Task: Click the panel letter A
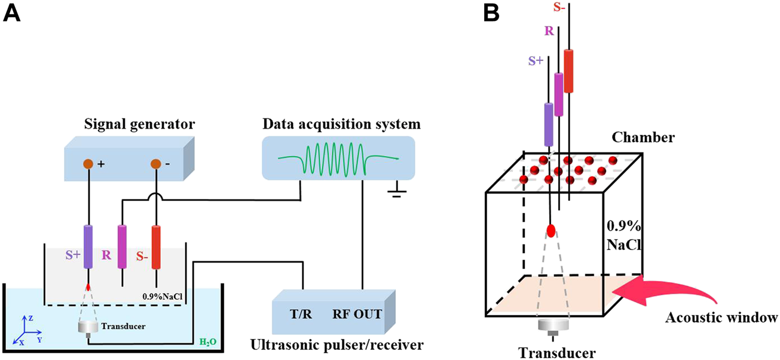pyautogui.click(x=13, y=13)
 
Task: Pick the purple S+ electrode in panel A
pyautogui.click(x=88, y=246)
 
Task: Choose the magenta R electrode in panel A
pyautogui.click(x=122, y=246)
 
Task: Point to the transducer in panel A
pyautogui.click(x=88, y=328)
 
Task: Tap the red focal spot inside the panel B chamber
pyautogui.click(x=551, y=231)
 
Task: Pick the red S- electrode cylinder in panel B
pyautogui.click(x=568, y=71)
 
